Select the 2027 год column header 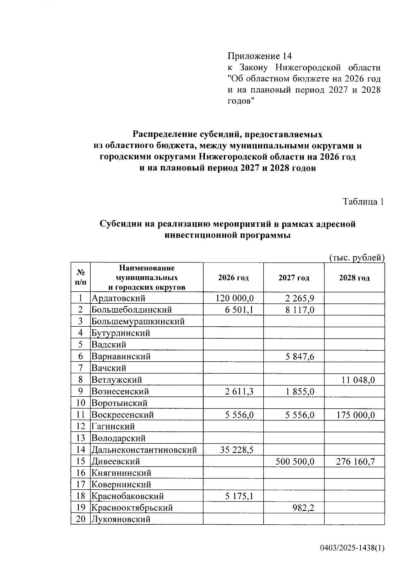tap(294, 278)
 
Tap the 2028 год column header tap(354, 278)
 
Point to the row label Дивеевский tap(116, 461)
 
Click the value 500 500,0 tap(295, 461)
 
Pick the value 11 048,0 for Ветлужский tap(358, 380)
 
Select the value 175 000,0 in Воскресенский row tap(356, 415)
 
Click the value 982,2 tap(303, 508)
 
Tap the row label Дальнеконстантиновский tap(144, 450)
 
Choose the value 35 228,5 tap(237, 450)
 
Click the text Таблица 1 tap(363, 201)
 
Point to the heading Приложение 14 tap(260, 56)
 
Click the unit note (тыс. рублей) tap(357, 257)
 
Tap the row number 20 tap(80, 519)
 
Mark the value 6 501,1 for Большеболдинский tap(239, 310)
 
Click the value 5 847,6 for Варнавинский tap(300, 356)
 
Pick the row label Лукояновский tap(121, 519)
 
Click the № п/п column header tap(80, 277)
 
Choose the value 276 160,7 tap(356, 461)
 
